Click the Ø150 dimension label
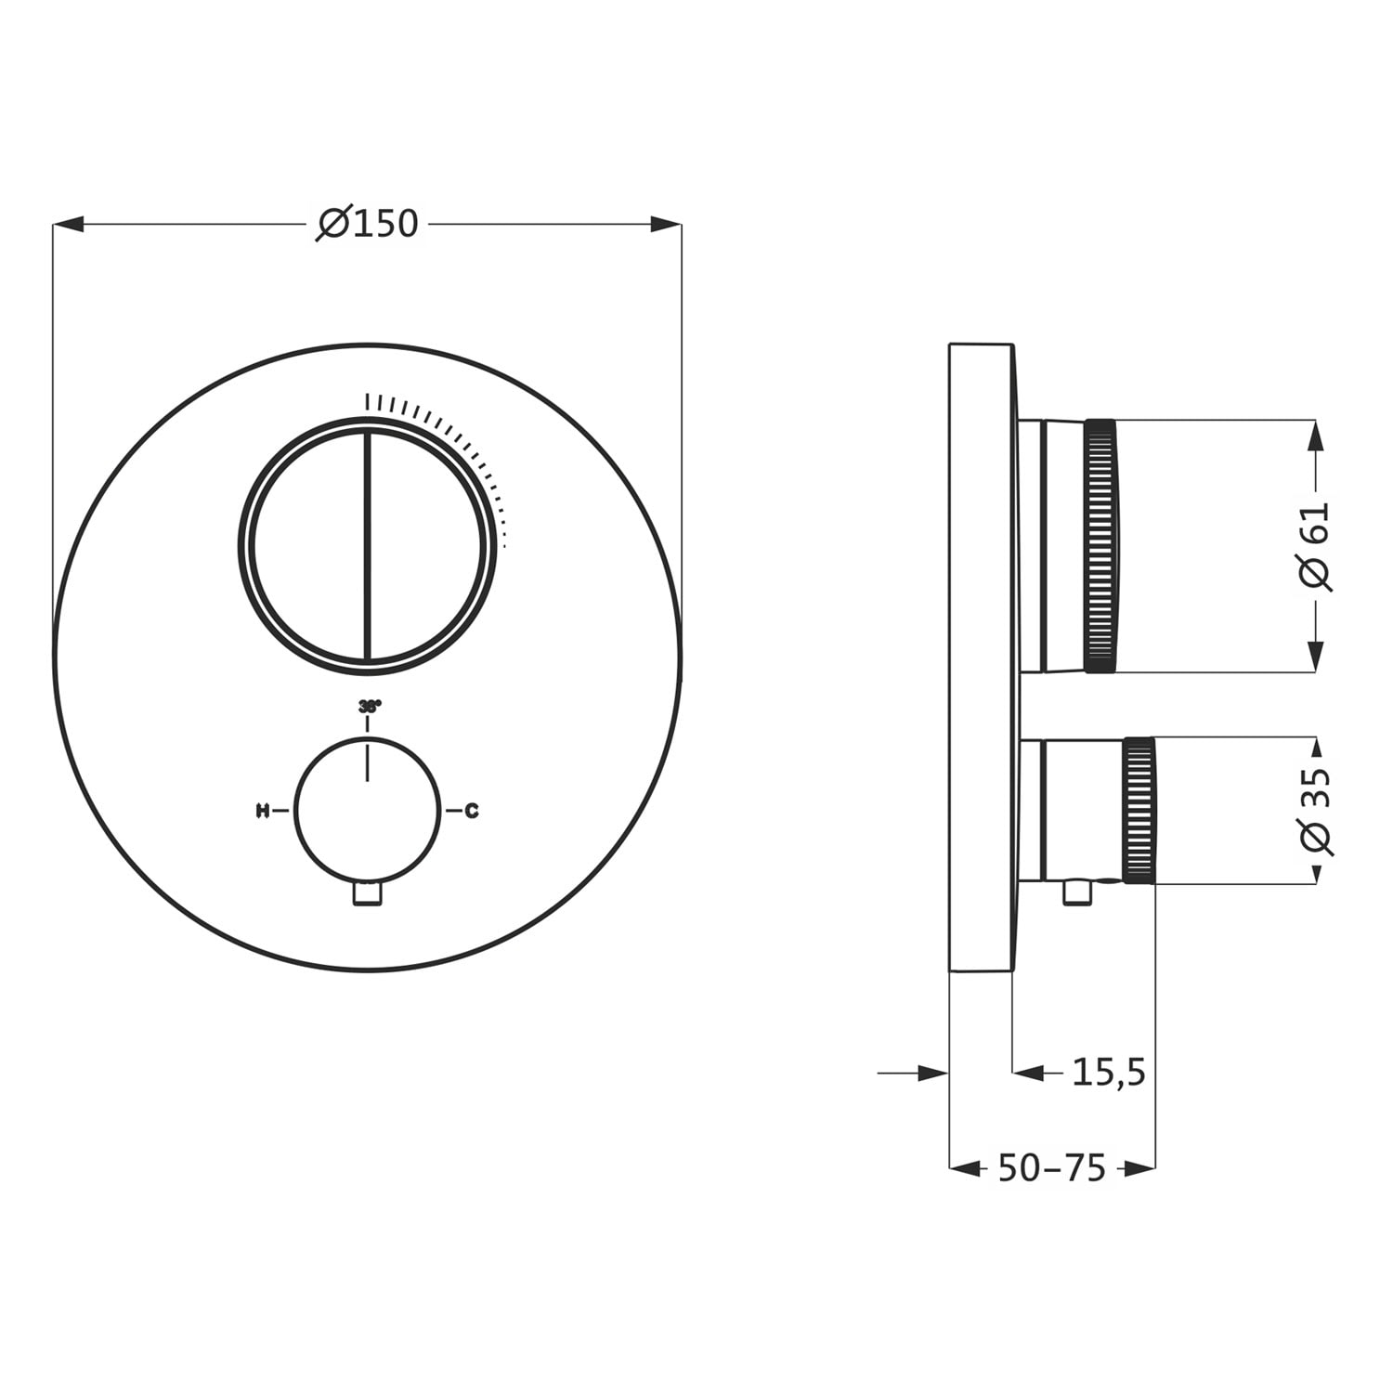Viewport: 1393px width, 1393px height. coord(368,224)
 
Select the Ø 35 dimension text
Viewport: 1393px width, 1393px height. coord(1316,811)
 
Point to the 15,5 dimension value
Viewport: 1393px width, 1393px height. coord(1109,1073)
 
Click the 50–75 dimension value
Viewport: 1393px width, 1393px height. coord(1052,1168)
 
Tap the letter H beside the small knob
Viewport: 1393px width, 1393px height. coord(262,811)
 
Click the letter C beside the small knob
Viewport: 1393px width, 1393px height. coord(472,811)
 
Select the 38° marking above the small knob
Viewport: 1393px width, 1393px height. coord(370,707)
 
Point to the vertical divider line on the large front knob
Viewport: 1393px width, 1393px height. coord(368,546)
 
